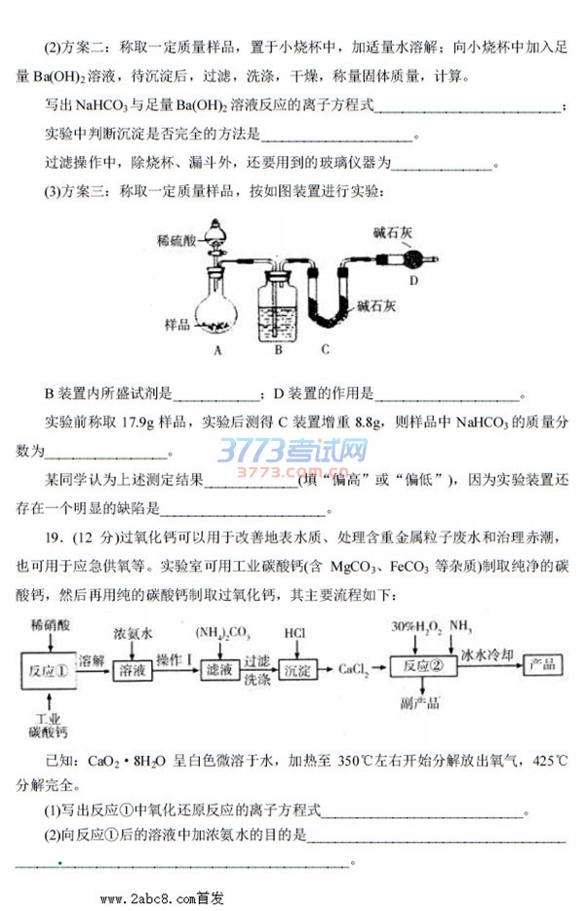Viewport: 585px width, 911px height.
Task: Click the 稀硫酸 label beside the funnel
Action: [x=177, y=240]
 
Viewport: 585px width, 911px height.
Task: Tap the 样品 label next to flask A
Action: [x=177, y=324]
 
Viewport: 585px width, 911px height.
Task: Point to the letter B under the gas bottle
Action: [x=278, y=350]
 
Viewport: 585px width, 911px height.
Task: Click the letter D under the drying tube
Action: [x=413, y=281]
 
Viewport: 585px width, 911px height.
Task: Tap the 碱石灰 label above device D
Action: [x=393, y=233]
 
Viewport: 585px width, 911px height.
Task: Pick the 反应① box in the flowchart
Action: [x=49, y=671]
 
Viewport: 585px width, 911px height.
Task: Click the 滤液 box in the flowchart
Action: [x=219, y=670]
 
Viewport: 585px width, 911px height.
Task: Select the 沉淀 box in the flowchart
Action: [x=297, y=670]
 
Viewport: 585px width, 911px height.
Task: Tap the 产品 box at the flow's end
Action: [x=542, y=664]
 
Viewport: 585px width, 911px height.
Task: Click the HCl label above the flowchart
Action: [x=294, y=633]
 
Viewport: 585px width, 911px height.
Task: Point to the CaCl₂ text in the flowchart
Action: [x=353, y=670]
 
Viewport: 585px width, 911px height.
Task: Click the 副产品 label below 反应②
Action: [x=419, y=703]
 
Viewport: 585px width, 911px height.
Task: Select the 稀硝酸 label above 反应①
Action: [x=51, y=625]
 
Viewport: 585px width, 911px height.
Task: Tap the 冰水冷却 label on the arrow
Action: [x=487, y=654]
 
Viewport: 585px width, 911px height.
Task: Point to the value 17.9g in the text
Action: [x=137, y=422]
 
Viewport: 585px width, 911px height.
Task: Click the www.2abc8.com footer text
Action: [x=162, y=898]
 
